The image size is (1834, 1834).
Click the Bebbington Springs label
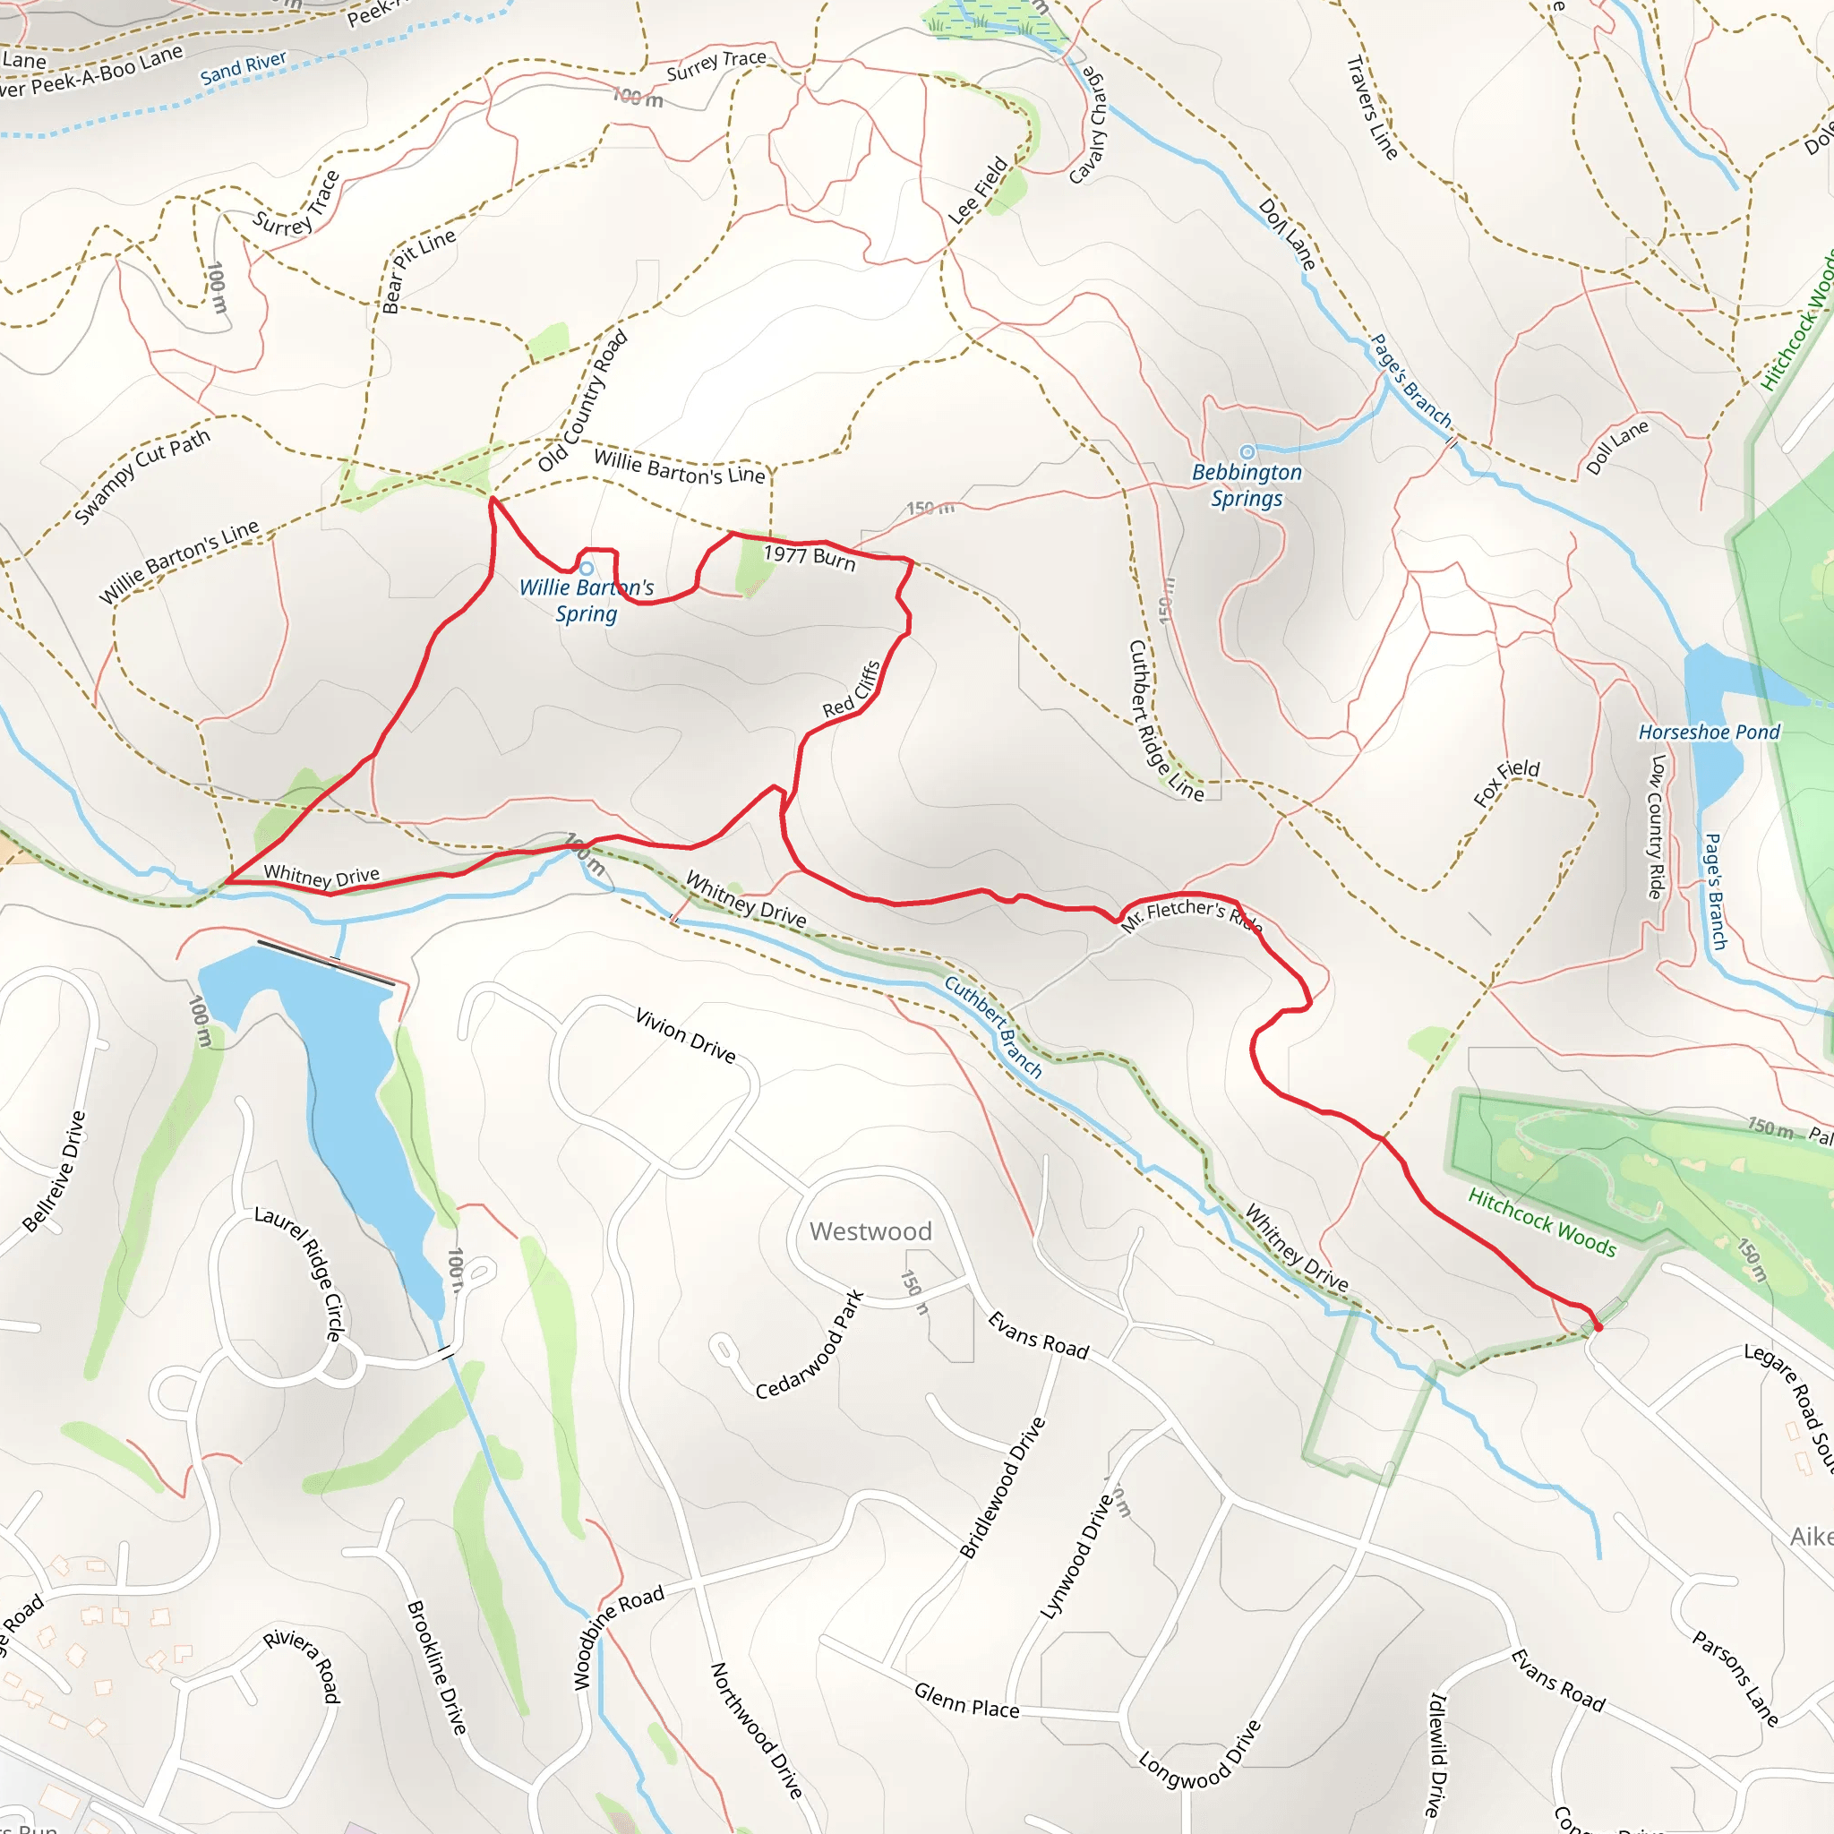pos(1247,485)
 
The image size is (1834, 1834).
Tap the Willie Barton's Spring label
pos(587,600)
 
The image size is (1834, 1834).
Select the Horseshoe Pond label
pos(1709,732)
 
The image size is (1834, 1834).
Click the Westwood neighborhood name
pos(870,1231)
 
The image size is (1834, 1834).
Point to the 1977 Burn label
pos(810,556)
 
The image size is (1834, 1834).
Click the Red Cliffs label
pos(852,690)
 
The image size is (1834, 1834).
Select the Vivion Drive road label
pos(685,1036)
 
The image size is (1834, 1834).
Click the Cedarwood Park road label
pos(810,1344)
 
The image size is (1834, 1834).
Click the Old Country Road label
pos(583,400)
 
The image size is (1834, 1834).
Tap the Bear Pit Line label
pos(417,270)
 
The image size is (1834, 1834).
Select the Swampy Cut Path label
pos(142,476)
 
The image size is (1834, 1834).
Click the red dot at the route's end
pos(1598,1326)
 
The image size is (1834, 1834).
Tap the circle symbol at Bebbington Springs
pos(1247,452)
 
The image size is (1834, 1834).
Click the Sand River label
pos(243,67)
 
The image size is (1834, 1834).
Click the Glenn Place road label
pos(966,1701)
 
